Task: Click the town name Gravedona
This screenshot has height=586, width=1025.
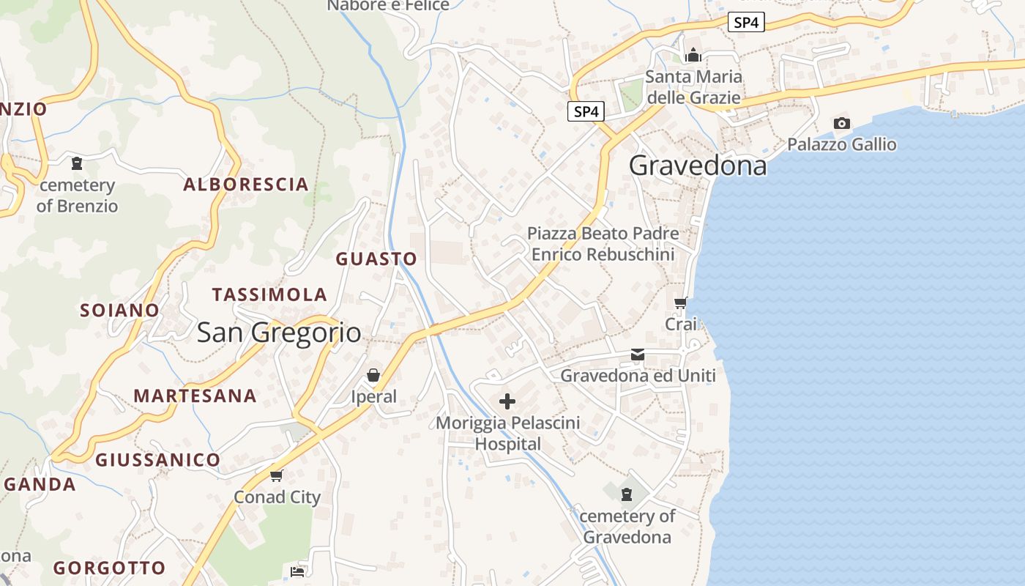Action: coord(698,166)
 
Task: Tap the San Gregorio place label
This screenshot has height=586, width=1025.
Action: coord(279,333)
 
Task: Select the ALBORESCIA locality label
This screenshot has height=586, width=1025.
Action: coord(246,185)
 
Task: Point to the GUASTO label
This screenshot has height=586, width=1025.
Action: coord(376,259)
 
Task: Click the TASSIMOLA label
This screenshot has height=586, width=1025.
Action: coord(269,295)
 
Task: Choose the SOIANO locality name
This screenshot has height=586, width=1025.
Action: coord(119,311)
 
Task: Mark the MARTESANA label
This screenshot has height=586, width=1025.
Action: coord(195,396)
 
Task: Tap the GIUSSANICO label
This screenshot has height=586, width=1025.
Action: coord(157,460)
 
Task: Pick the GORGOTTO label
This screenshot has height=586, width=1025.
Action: coord(110,568)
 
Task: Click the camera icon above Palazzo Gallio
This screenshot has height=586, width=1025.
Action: coord(842,124)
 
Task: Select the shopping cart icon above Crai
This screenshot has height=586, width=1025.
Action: coord(681,303)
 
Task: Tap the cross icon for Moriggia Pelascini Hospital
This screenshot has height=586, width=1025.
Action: coord(507,401)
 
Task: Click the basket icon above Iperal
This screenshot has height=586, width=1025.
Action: coord(373,376)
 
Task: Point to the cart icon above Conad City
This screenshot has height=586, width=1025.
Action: coord(277,476)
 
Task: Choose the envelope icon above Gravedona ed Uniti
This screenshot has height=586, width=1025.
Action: coord(638,355)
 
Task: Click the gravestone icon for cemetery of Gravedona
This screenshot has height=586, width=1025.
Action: coord(627,494)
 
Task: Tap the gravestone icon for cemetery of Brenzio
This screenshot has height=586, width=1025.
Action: coord(77,163)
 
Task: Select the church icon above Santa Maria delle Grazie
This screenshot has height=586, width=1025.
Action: coord(693,55)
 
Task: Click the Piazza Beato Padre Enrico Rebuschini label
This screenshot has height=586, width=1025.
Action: coord(603,244)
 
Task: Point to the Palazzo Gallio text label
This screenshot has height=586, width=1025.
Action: coord(842,144)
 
